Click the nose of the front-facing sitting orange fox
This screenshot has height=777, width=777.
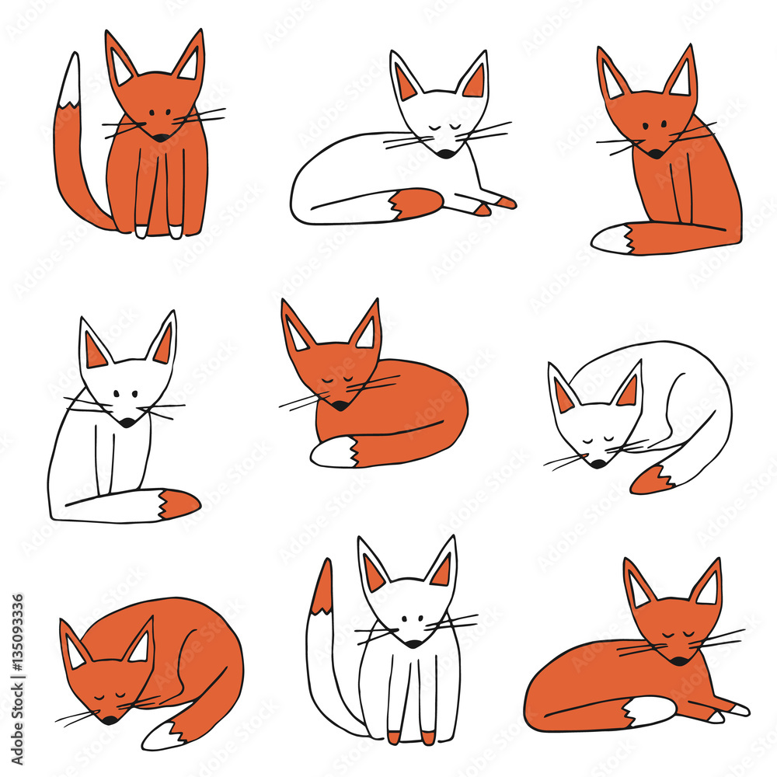[160, 138]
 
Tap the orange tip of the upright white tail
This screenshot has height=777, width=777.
[322, 587]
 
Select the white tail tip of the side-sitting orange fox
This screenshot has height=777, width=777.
[614, 239]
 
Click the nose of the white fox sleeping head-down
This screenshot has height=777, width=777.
[597, 463]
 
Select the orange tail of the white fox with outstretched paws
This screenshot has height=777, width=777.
[416, 204]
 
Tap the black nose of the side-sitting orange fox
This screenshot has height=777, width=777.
[655, 154]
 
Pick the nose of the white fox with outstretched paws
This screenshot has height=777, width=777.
[446, 154]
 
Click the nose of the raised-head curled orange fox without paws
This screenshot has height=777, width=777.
[340, 405]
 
